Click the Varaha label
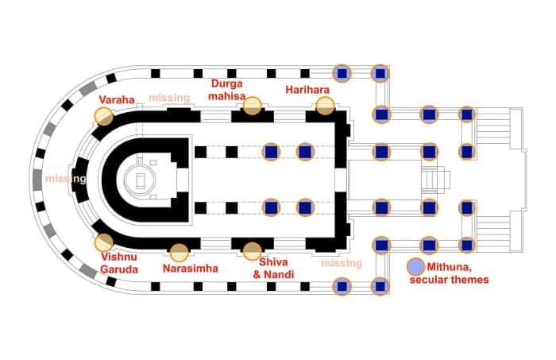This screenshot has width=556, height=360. [117, 99]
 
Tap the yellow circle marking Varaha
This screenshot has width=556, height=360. [104, 116]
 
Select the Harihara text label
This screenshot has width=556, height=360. [307, 90]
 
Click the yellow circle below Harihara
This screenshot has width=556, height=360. [325, 106]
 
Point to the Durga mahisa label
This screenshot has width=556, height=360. [227, 90]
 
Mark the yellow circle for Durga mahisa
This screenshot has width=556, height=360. [252, 106]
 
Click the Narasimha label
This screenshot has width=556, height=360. [191, 268]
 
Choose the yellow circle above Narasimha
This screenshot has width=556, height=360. [179, 253]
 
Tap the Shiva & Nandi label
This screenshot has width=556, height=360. [273, 268]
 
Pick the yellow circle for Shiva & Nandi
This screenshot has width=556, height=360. [252, 251]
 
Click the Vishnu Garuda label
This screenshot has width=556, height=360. [119, 263]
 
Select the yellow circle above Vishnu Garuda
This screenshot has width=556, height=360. [104, 242]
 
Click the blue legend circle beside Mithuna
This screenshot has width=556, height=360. [415, 267]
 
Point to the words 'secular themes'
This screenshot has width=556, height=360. [450, 280]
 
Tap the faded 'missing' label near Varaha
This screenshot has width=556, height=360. [169, 98]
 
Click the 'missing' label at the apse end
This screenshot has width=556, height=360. [66, 179]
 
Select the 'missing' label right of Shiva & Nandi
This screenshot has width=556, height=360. [342, 263]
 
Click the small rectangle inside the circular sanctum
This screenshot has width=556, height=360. [141, 181]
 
